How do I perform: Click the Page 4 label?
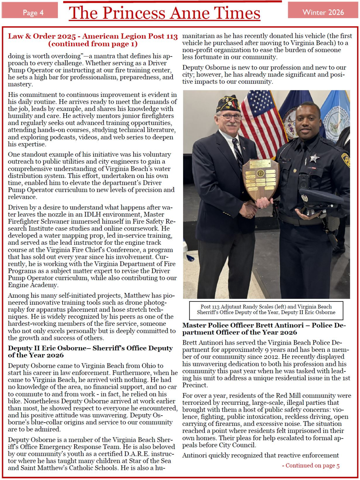(x=33, y=13)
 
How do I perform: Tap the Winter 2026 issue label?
(x=323, y=12)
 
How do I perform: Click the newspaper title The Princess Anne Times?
(x=165, y=13)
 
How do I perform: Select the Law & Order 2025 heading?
(x=93, y=40)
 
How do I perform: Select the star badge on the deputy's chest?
(x=314, y=158)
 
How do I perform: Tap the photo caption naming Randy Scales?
(x=266, y=310)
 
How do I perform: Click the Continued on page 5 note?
(x=311, y=466)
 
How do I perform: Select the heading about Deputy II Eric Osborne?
(x=90, y=352)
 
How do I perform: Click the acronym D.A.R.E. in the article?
(x=139, y=454)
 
